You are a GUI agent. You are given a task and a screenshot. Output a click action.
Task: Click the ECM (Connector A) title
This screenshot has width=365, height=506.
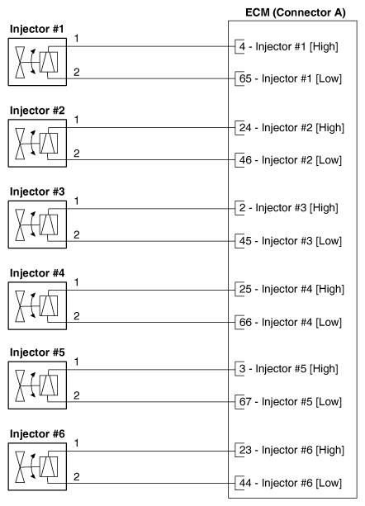coord(292,12)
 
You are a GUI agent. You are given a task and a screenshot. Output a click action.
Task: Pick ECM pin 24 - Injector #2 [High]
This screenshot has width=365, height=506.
coord(291,128)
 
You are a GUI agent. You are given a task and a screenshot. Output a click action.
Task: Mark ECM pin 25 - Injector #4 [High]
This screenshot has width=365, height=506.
coord(291,290)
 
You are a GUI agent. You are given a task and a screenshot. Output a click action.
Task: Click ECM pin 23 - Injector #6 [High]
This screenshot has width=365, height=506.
coord(291,452)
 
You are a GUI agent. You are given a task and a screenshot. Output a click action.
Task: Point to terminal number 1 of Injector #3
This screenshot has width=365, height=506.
coord(76,201)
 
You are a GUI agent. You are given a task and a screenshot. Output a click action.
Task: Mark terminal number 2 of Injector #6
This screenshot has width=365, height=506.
coord(76,476)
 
